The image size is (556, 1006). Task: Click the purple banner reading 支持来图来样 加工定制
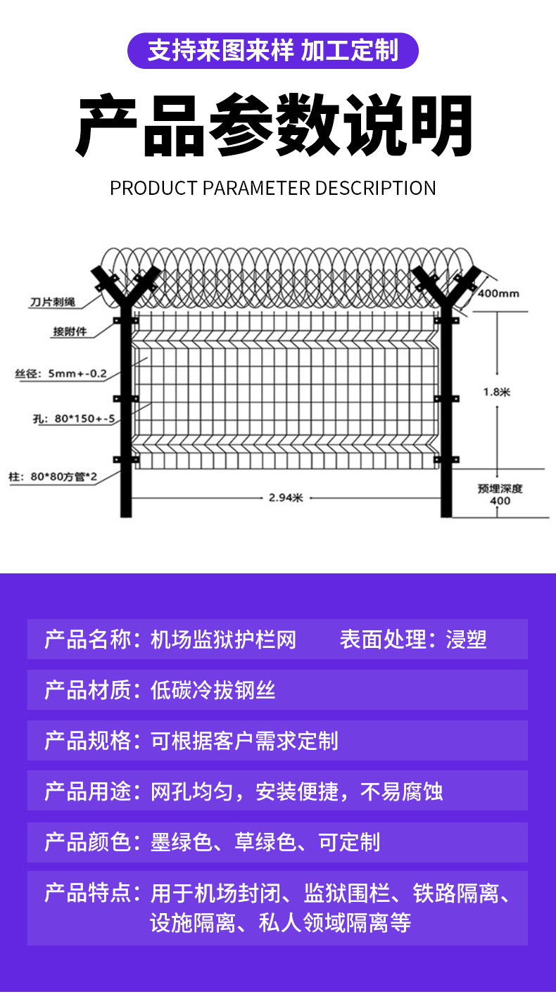click(x=273, y=51)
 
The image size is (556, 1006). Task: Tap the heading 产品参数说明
click(x=274, y=127)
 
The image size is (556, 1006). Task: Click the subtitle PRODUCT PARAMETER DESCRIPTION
click(x=273, y=189)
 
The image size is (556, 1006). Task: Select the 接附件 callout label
click(x=70, y=331)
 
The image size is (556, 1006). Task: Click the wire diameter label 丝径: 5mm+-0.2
click(x=61, y=374)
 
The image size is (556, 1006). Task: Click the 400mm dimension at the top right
click(x=498, y=293)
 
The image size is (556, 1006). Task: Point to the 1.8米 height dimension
click(x=496, y=392)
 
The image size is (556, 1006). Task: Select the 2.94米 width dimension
click(x=286, y=498)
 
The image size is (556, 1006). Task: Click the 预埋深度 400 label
click(x=500, y=495)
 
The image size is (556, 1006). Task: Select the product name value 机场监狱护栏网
click(x=224, y=639)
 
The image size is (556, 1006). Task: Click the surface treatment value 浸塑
click(x=466, y=639)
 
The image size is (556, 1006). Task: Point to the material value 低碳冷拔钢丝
click(x=213, y=690)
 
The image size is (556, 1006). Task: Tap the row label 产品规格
click(x=87, y=741)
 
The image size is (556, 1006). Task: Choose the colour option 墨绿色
click(x=182, y=842)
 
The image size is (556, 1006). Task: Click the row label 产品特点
click(x=87, y=893)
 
